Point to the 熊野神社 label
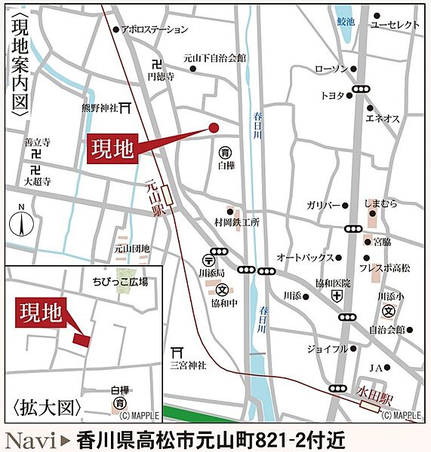pos(102,108)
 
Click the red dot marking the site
pos(213,127)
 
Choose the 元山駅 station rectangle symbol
pos(167,197)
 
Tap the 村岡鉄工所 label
pos(236,223)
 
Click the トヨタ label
pos(332,96)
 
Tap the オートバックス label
pos(305,257)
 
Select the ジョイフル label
pos(327,349)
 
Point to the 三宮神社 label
pos(187,365)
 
